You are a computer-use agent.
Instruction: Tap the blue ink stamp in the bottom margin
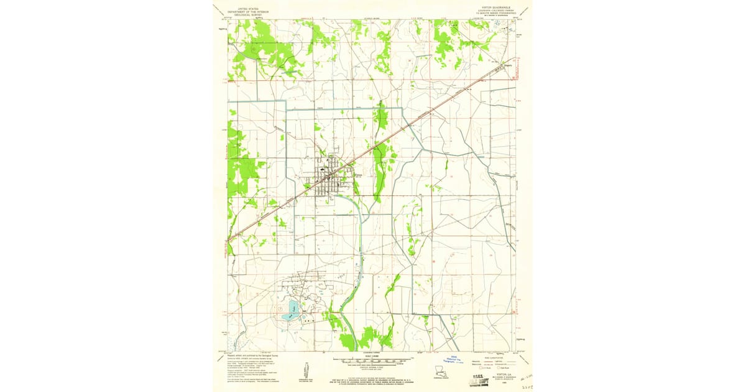[x=456, y=359]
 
